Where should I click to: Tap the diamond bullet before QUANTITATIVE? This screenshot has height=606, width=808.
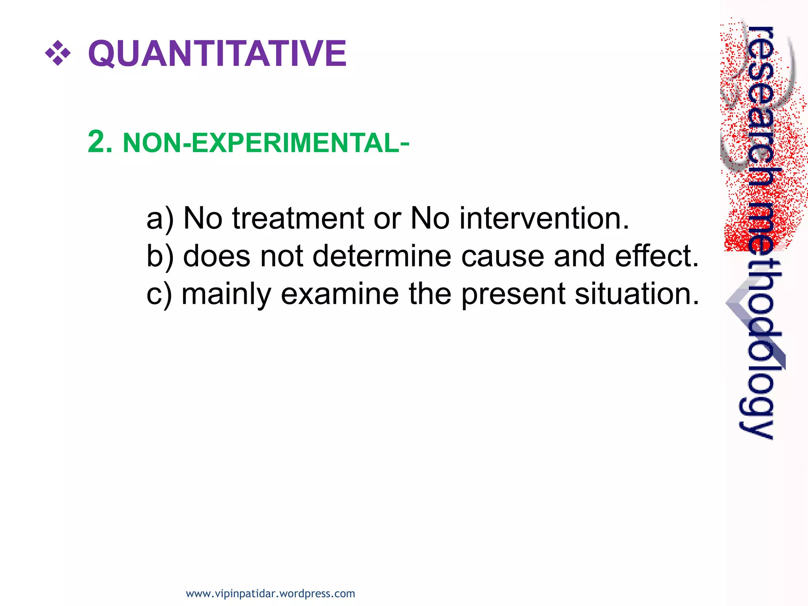click(58, 53)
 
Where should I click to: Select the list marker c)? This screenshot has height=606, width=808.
click(159, 294)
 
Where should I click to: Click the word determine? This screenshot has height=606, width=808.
click(382, 256)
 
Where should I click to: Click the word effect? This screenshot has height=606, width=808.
click(656, 256)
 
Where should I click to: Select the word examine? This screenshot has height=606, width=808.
click(340, 294)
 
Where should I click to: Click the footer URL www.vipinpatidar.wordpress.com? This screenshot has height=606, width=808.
click(270, 593)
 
